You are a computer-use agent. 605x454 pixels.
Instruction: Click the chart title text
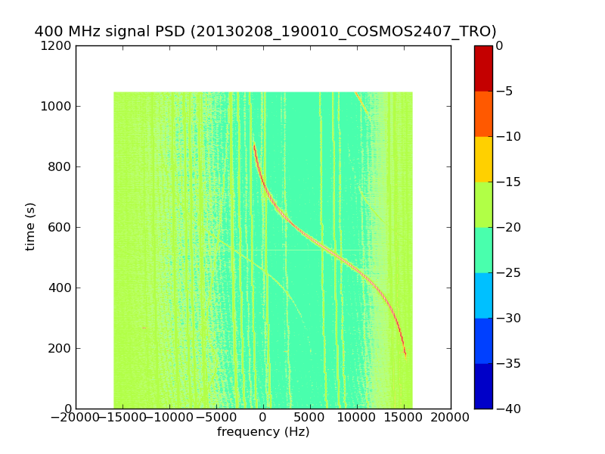(265, 31)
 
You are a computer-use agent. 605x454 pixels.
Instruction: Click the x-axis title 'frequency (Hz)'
(263, 432)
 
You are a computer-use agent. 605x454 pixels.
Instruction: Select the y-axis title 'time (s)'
(30, 226)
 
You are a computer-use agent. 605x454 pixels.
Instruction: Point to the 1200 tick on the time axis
(57, 45)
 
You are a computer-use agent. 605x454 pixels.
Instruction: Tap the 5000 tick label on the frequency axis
(310, 417)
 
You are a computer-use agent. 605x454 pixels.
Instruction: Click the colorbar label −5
(504, 91)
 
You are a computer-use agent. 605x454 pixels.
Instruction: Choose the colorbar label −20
(507, 227)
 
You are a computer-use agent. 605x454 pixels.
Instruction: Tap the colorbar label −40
(507, 409)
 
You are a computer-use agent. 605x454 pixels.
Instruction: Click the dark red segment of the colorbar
(482, 68)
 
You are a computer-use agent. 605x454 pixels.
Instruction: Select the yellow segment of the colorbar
(482, 159)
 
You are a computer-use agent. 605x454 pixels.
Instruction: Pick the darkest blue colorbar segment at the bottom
(482, 386)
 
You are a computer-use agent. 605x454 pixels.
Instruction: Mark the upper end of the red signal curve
(254, 144)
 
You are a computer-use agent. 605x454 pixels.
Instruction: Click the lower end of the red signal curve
(405, 354)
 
